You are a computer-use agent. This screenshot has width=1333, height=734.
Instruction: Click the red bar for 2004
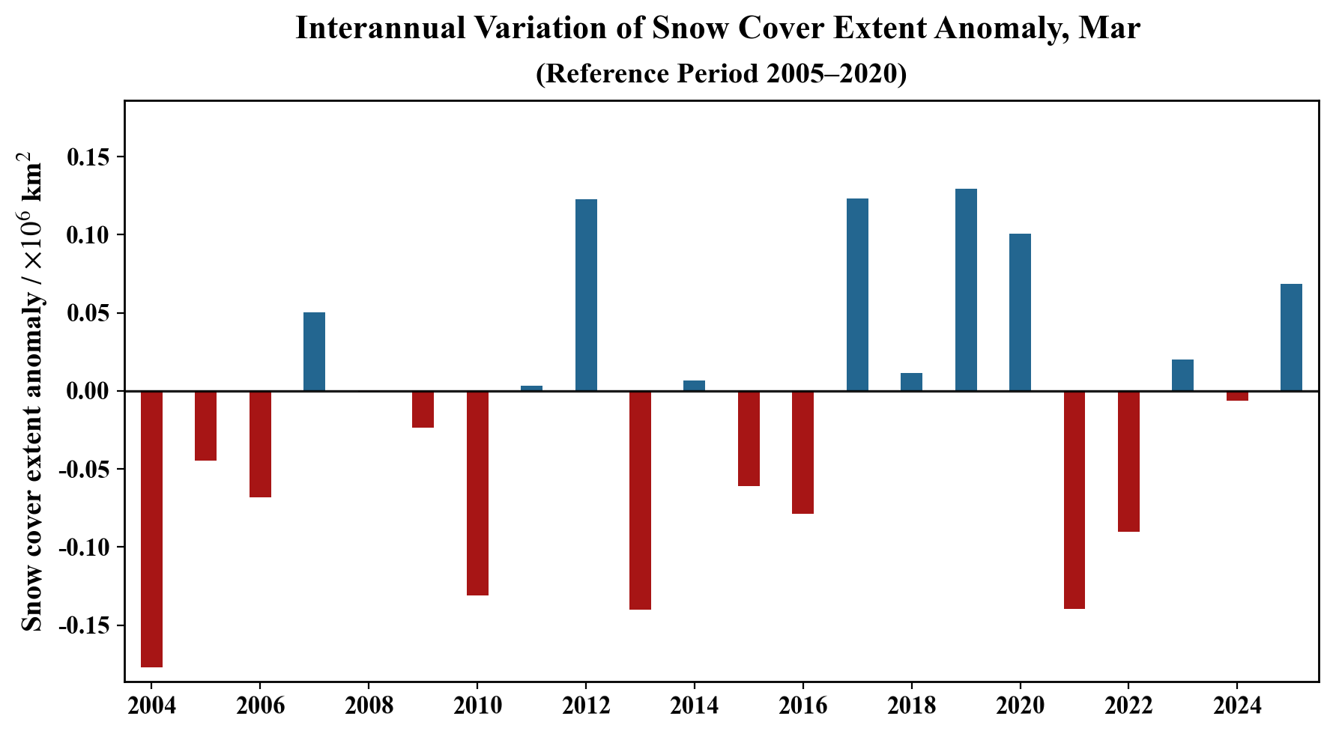151,528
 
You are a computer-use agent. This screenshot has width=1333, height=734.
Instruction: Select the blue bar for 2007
314,351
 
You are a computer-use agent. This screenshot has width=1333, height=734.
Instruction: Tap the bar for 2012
586,295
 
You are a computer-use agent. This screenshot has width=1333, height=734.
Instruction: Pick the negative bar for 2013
640,500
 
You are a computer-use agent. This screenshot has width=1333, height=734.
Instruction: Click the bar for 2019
966,290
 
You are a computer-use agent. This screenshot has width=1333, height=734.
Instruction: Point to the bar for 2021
1074,500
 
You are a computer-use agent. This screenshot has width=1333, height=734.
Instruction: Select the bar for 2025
1291,337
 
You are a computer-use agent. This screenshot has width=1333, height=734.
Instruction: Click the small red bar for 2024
1237,395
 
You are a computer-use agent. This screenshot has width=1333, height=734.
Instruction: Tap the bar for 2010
477,493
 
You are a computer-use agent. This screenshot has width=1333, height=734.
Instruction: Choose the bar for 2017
857,294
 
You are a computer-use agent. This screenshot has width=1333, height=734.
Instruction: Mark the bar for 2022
1128,461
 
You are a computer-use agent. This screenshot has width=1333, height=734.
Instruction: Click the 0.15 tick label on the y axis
88,157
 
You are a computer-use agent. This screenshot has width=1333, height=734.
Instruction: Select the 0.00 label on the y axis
88,392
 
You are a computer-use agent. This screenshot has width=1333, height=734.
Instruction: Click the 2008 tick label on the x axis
368,706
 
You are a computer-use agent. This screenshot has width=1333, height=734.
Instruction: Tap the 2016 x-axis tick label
802,706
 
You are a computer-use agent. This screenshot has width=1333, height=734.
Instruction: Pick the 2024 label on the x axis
1237,706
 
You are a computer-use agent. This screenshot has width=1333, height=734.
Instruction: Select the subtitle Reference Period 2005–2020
721,73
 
